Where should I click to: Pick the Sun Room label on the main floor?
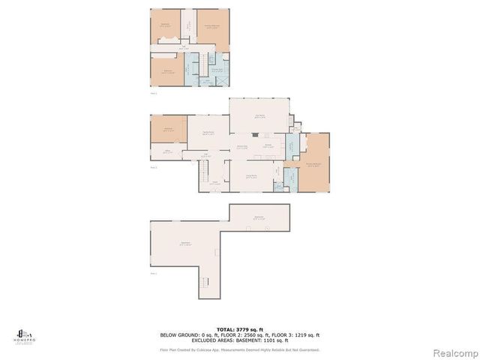[260, 115]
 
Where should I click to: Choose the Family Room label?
[208, 133]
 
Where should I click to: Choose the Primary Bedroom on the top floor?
[213, 27]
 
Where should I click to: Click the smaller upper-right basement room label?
[259, 217]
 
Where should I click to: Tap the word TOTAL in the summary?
[225, 328]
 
